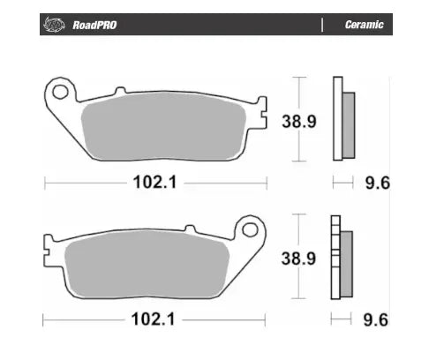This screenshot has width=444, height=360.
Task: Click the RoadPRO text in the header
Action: (93, 25)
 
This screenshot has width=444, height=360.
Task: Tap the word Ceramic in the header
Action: (363, 25)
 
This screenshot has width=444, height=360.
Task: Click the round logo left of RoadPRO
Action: (54, 25)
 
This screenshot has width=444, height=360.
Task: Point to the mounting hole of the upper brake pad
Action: (60, 90)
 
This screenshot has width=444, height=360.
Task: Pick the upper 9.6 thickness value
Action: (378, 183)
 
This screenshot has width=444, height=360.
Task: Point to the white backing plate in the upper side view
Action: (336, 119)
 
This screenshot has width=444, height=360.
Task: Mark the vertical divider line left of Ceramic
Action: (322, 25)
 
